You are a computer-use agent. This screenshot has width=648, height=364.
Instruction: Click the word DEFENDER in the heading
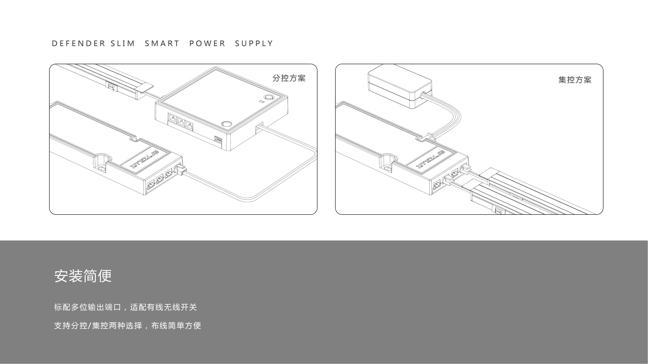pyautogui.click(x=78, y=43)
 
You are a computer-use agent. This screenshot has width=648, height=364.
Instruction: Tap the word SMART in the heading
pyautogui.click(x=162, y=43)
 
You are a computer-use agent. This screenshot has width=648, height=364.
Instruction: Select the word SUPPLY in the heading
pyautogui.click(x=254, y=43)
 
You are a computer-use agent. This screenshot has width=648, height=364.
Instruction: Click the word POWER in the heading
pyautogui.click(x=207, y=43)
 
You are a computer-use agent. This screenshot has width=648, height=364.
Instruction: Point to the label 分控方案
pyautogui.click(x=289, y=78)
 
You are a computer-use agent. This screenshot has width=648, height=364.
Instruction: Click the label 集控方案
pyautogui.click(x=575, y=80)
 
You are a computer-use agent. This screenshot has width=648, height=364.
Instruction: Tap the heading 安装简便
pyautogui.click(x=83, y=276)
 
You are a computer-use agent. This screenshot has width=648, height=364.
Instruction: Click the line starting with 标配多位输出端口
pyautogui.click(x=125, y=307)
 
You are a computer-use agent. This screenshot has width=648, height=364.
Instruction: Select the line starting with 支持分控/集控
pyautogui.click(x=128, y=326)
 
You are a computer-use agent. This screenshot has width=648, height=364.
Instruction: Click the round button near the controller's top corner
pyautogui.click(x=269, y=98)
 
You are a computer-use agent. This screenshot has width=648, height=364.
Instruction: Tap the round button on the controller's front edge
pyautogui.click(x=226, y=124)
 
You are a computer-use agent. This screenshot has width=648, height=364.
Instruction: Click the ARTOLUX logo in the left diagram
pyautogui.click(x=144, y=159)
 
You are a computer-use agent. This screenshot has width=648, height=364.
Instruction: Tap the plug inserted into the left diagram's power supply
pyautogui.click(x=181, y=170)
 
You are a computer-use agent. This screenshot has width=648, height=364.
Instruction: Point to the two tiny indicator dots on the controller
pyautogui.click(x=262, y=102)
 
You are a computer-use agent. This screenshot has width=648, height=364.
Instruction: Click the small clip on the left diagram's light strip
pyautogui.click(x=112, y=86)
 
